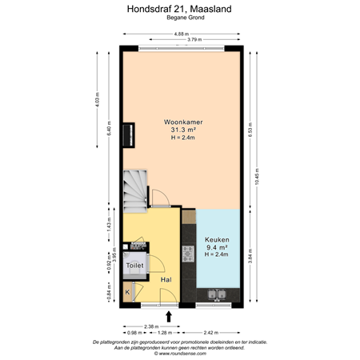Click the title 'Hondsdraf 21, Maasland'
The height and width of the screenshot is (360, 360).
180,9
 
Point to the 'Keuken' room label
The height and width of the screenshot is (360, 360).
217,239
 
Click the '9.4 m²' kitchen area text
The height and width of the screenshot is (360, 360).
217,247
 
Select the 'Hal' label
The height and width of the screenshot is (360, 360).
167,280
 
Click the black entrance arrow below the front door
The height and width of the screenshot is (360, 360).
168,316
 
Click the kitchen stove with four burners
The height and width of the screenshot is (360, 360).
189,254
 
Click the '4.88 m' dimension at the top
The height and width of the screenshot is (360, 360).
182,34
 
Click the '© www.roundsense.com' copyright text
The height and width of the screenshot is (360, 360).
180,352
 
